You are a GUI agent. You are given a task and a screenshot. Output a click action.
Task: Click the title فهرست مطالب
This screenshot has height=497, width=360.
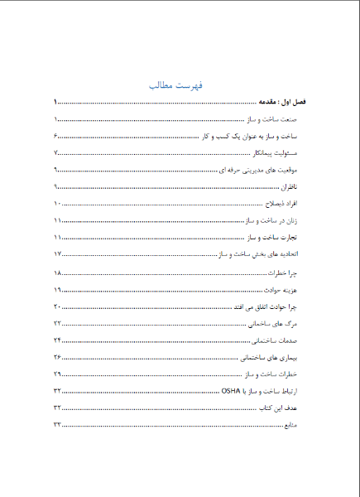pyautogui.click(x=180, y=86)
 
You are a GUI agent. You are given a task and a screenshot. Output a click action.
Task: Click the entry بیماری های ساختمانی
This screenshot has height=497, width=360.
pyautogui.click(x=279, y=358)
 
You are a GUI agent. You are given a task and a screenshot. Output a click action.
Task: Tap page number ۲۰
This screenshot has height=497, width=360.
pyautogui.click(x=58, y=307)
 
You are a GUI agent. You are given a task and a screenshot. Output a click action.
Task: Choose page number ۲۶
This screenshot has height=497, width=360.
pyautogui.click(x=58, y=358)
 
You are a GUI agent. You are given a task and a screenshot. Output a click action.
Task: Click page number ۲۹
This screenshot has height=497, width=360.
pyautogui.click(x=58, y=375)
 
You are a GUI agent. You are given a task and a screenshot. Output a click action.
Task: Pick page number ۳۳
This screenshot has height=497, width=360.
pyautogui.click(x=58, y=425)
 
